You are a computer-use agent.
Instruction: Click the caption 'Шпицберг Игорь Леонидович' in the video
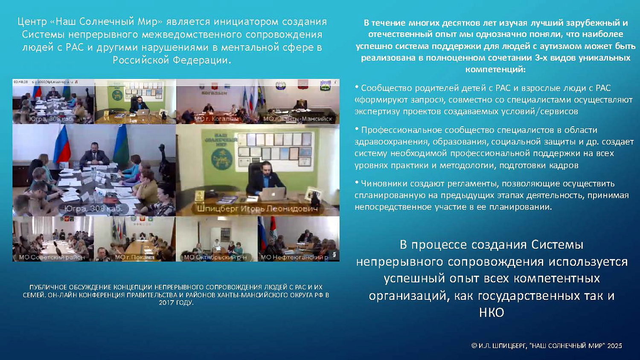(x=257, y=209)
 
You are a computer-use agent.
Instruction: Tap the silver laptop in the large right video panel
(x=273, y=194)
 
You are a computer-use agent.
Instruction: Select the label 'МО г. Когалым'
(x=216, y=119)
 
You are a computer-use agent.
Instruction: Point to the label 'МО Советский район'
(x=51, y=257)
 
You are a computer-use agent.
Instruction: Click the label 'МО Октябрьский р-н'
(x=215, y=257)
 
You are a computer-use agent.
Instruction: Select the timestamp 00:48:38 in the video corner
(x=20, y=81)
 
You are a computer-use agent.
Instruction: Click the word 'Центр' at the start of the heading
(x=32, y=22)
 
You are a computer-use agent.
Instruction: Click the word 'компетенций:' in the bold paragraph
(x=495, y=69)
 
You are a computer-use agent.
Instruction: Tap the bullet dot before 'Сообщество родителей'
(x=357, y=87)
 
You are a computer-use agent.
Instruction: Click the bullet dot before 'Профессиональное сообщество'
(x=357, y=128)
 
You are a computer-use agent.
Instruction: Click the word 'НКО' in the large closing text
(x=492, y=313)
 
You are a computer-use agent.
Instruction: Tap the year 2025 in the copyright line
(x=614, y=345)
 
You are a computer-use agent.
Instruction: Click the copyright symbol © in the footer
(x=474, y=345)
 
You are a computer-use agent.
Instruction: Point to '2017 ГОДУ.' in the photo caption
(x=176, y=302)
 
